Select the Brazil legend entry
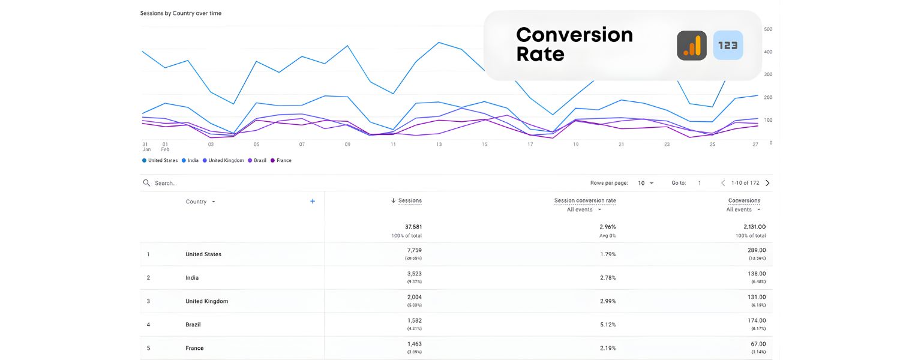pyautogui.click(x=257, y=161)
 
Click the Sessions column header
pyautogui.click(x=409, y=201)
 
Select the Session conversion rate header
pyautogui.click(x=584, y=201)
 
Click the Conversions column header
pyautogui.click(x=744, y=201)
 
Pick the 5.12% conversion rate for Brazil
pyautogui.click(x=607, y=325)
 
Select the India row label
pyautogui.click(x=192, y=278)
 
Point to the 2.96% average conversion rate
pyautogui.click(x=607, y=227)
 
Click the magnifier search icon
pyautogui.click(x=146, y=183)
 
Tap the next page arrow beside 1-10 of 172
pyautogui.click(x=767, y=183)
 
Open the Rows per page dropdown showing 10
pyautogui.click(x=646, y=183)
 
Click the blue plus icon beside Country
pyautogui.click(x=313, y=202)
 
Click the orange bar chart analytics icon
pyautogui.click(x=692, y=46)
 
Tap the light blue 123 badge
pyautogui.click(x=728, y=46)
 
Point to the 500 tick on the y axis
pyautogui.click(x=767, y=29)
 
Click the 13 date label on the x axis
pyautogui.click(x=439, y=145)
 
